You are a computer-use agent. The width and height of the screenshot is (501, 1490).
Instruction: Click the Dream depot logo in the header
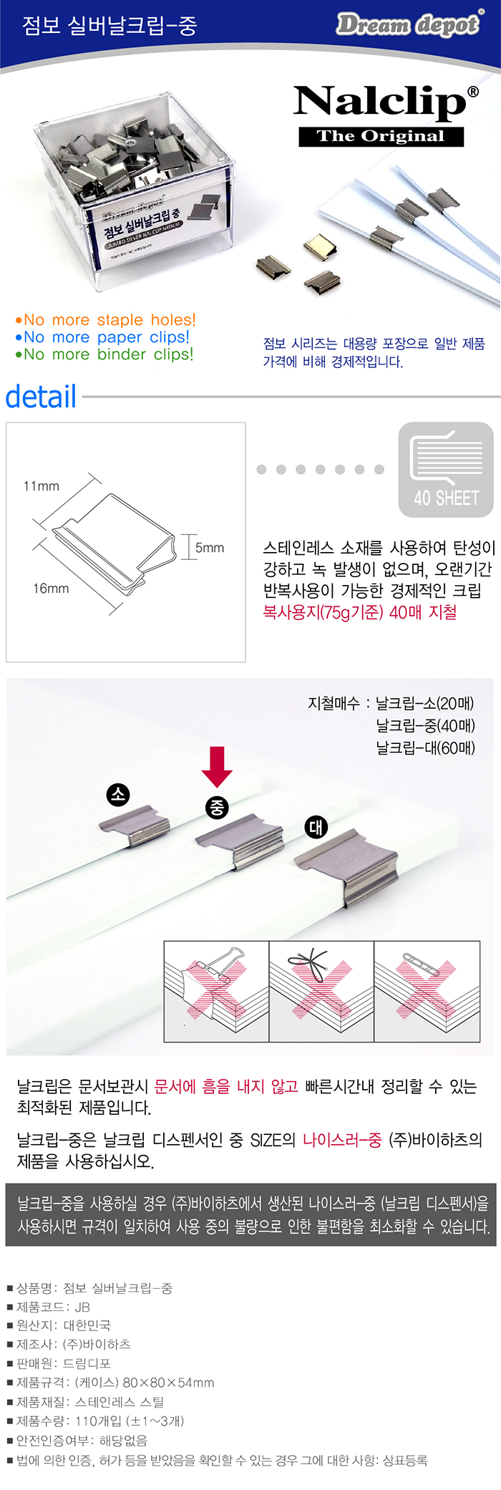[408, 24]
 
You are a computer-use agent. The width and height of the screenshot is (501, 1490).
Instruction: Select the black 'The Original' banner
[381, 136]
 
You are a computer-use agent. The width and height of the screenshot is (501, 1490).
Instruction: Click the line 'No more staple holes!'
[105, 319]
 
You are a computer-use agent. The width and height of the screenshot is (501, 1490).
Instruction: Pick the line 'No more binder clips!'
[104, 354]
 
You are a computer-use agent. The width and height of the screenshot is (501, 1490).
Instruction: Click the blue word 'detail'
[41, 396]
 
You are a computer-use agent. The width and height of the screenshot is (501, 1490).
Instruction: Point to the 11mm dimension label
[42, 486]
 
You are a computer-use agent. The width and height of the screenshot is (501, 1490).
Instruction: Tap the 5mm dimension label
[210, 548]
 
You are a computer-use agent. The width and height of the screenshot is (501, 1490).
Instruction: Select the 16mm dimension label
[51, 589]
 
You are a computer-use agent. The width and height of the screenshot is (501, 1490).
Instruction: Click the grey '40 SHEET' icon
[446, 470]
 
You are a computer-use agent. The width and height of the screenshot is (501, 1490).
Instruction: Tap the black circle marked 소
[118, 794]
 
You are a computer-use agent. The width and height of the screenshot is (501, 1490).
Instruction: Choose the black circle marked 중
[216, 808]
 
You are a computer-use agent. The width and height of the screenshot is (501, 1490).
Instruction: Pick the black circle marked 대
[316, 827]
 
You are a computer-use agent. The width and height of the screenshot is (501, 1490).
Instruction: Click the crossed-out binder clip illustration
[217, 991]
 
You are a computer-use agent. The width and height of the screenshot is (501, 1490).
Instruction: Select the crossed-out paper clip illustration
[427, 991]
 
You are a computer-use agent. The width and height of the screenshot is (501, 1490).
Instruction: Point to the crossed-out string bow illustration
[321, 991]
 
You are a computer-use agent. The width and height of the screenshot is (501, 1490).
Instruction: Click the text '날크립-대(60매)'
[426, 748]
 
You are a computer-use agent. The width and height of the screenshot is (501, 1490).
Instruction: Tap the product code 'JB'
[82, 1307]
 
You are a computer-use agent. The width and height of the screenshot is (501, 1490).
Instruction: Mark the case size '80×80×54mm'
[169, 1383]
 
